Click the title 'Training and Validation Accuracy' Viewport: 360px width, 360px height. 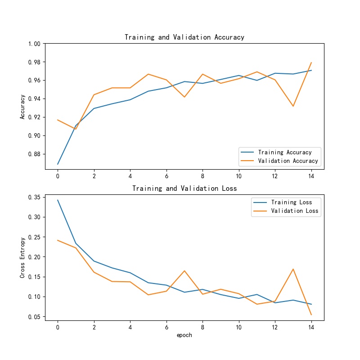tap(184, 37)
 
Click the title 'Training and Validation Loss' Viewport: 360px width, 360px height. tap(184, 188)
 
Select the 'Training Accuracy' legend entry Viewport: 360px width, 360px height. tap(285, 152)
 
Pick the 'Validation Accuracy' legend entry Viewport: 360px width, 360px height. tap(288, 161)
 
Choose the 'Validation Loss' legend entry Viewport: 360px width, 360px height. tap(295, 211)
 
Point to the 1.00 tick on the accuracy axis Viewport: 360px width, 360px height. tap(35, 44)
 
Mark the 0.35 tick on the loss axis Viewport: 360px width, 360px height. tap(35, 197)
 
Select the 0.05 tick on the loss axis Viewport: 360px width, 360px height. tap(35, 317)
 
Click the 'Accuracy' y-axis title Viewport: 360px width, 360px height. tap(22, 107)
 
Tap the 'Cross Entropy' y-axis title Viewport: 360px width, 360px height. tap(22, 257)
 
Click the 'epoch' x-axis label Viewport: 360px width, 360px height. tap(184, 335)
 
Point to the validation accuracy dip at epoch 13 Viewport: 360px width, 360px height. tap(293, 106)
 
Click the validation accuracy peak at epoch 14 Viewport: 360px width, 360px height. tap(311, 63)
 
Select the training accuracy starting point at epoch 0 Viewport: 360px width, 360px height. tap(58, 164)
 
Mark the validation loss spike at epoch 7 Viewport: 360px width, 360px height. tap(184, 271)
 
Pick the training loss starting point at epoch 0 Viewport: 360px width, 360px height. tap(58, 200)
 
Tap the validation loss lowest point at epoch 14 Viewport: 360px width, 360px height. tap(311, 315)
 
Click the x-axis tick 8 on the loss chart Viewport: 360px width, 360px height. tap(202, 327)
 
